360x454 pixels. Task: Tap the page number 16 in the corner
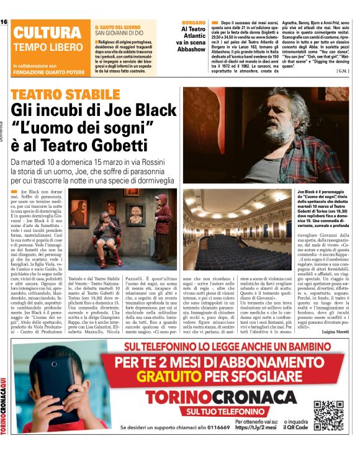(x=4, y=22)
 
